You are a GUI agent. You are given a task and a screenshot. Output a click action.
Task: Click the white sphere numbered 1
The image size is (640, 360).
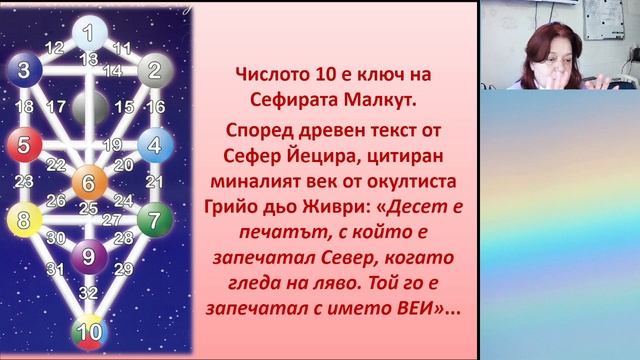pos(89,32)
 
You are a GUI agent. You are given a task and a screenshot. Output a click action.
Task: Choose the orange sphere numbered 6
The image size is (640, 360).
pos(88,182)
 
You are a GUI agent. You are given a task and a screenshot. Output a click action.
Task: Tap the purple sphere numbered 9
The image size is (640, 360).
pos(89,256)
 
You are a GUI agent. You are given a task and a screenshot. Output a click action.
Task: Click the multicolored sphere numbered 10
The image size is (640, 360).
pos(89,331)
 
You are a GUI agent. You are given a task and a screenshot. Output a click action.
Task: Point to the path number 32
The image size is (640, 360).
pos(89,293)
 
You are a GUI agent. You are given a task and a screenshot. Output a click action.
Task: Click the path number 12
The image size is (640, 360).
pos(54,47)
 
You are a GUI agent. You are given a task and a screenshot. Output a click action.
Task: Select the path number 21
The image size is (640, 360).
pos(154,181)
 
